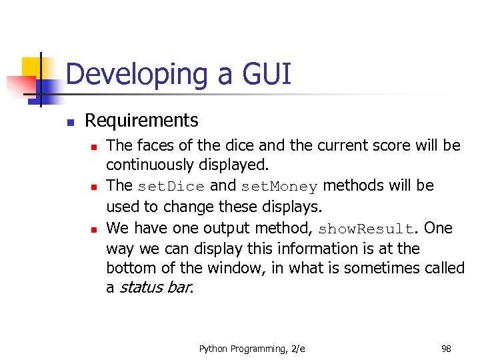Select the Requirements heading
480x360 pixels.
coord(141,121)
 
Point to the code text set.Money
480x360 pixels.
coord(279,186)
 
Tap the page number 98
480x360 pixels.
coord(446,349)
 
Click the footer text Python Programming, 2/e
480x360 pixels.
coord(252,349)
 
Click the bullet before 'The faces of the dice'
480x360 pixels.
coord(95,145)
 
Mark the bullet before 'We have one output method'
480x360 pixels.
coord(95,229)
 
